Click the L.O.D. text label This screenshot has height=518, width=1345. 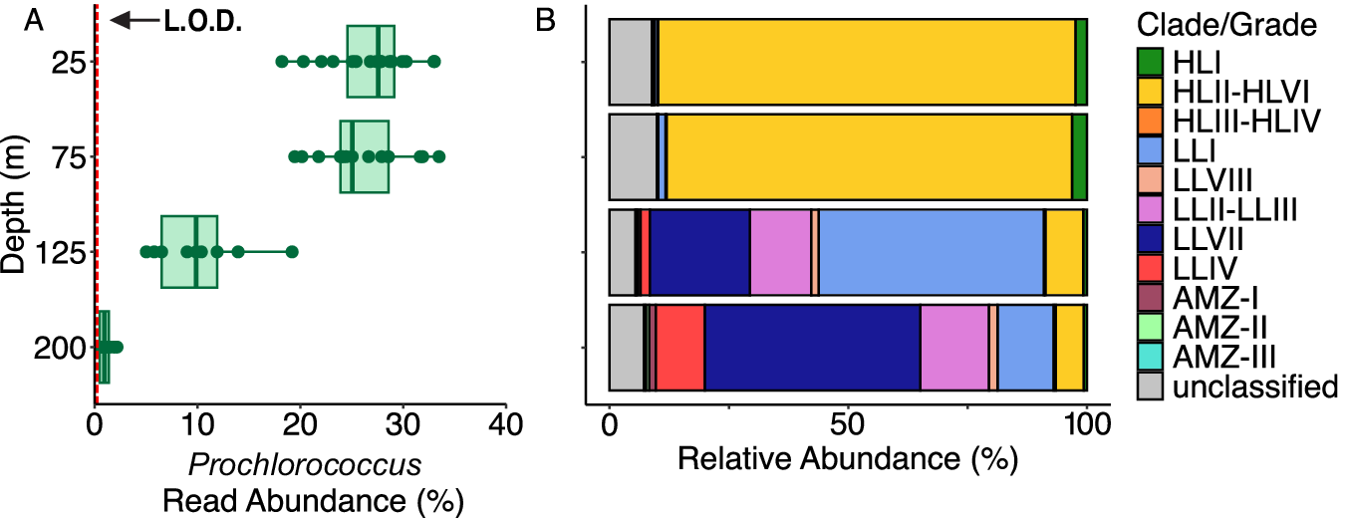[x=202, y=20]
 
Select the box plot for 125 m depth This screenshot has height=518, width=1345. [x=189, y=251]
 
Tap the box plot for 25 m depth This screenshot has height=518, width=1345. [x=371, y=62]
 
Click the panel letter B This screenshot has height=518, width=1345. [x=546, y=20]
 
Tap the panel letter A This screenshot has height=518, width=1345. [x=33, y=20]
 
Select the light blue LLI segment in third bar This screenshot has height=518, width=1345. [x=931, y=252]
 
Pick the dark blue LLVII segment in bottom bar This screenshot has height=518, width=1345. [x=812, y=348]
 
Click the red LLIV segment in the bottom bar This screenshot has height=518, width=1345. [x=680, y=348]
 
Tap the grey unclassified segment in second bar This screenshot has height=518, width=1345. [x=633, y=156]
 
